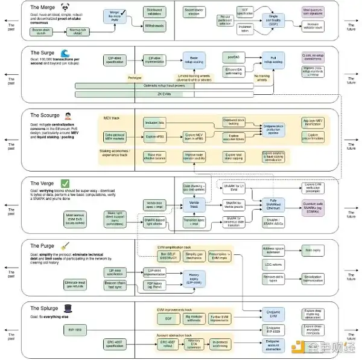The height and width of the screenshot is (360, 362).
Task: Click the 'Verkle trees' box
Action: [x=195, y=204]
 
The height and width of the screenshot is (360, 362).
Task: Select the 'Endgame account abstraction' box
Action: [x=272, y=345]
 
